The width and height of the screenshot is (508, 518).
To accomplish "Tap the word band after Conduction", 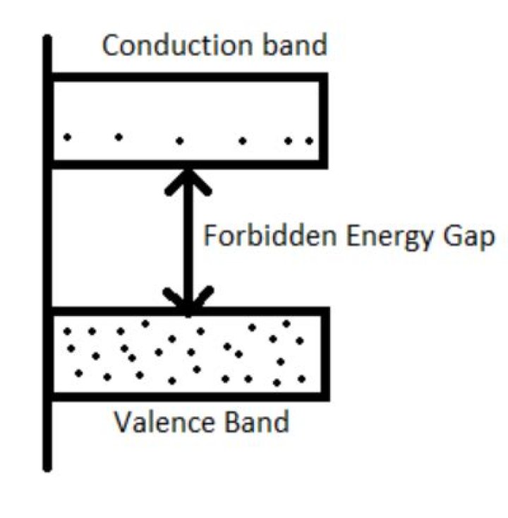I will coord(298,46).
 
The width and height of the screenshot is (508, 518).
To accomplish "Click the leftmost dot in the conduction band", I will coord(68,137).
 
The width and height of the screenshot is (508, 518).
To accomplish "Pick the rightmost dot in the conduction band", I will coord(308,140).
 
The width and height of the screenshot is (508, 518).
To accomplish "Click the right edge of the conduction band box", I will coord(323,121).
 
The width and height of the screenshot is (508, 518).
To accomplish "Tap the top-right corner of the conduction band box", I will coord(323,76).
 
